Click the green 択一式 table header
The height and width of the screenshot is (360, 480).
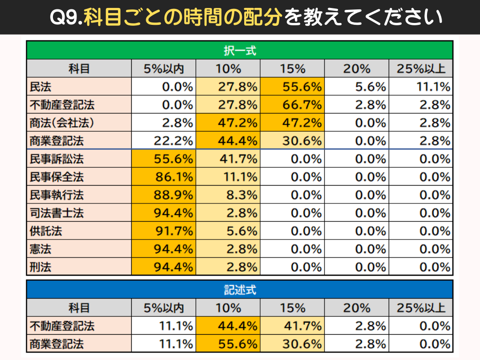(240, 50)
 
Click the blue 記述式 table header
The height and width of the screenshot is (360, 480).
(240, 290)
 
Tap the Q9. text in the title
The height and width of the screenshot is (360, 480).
(66, 18)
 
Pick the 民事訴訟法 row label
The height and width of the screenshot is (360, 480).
(57, 159)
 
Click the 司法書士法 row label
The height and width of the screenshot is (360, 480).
(57, 213)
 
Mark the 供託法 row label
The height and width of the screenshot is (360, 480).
(46, 231)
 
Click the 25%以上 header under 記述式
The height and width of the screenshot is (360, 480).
(420, 308)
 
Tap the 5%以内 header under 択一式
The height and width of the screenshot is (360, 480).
(164, 68)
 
